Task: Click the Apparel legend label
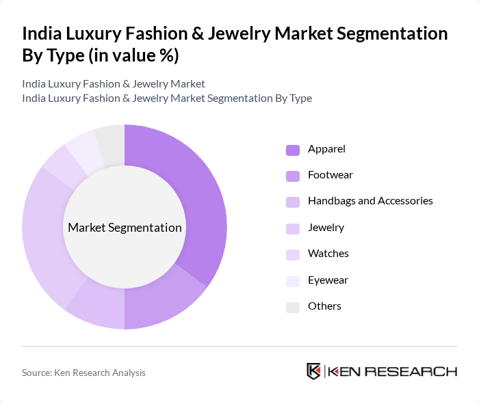[326, 149]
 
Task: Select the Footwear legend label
[330, 175]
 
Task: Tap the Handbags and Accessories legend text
[370, 201]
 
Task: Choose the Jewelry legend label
[326, 228]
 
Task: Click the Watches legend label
[328, 254]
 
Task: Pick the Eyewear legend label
[328, 280]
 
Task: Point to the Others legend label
[324, 306]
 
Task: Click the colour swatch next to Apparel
[292, 150]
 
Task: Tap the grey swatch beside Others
[292, 307]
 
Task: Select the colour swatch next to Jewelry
[292, 228]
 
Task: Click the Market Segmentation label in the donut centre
[125, 228]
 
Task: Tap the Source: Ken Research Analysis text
[83, 373]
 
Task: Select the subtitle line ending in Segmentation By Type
[167, 98]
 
